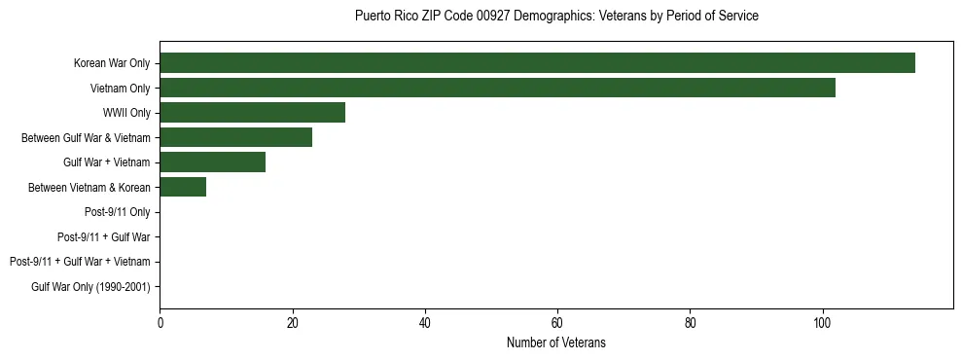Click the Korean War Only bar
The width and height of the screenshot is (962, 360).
(537, 63)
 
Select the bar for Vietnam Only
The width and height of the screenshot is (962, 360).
(497, 88)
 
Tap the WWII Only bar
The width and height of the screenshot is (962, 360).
(252, 113)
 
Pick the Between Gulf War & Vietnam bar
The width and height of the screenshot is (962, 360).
(235, 137)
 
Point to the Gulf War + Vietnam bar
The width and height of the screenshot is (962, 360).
(212, 162)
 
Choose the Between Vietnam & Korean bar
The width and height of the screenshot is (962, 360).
(183, 187)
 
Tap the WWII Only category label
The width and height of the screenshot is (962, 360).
(126, 113)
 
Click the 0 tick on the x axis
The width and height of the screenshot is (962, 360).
(160, 324)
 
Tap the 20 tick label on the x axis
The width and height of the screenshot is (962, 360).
(292, 324)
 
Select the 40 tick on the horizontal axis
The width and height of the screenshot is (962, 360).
(425, 324)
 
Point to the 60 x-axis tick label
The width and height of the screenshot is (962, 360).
(557, 324)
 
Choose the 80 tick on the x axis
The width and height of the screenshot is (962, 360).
(690, 324)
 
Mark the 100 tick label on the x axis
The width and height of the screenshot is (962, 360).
(822, 324)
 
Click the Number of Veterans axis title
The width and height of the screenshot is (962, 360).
(555, 342)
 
